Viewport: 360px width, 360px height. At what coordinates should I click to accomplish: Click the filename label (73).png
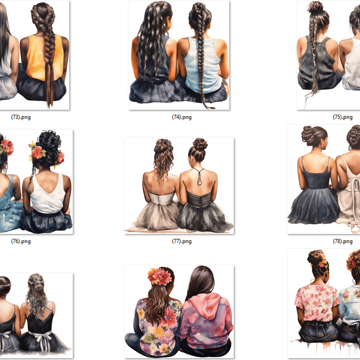tap(21, 117)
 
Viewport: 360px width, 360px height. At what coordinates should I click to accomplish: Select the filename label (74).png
tap(182, 117)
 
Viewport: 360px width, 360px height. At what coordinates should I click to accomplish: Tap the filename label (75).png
tap(343, 117)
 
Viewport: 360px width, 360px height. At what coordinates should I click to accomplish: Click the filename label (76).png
tap(21, 241)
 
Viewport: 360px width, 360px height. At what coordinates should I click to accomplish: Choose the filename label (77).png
tap(182, 241)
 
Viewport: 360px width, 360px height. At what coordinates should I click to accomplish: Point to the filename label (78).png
tap(343, 241)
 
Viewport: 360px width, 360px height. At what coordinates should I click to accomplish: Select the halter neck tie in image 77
tap(199, 176)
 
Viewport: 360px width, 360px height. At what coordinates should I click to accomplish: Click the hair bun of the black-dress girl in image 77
tap(200, 144)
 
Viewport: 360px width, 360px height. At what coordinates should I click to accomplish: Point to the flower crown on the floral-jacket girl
tap(159, 276)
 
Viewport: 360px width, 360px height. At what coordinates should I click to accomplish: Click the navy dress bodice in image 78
tap(316, 176)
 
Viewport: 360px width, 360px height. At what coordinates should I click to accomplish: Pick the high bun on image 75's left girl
tap(315, 7)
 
